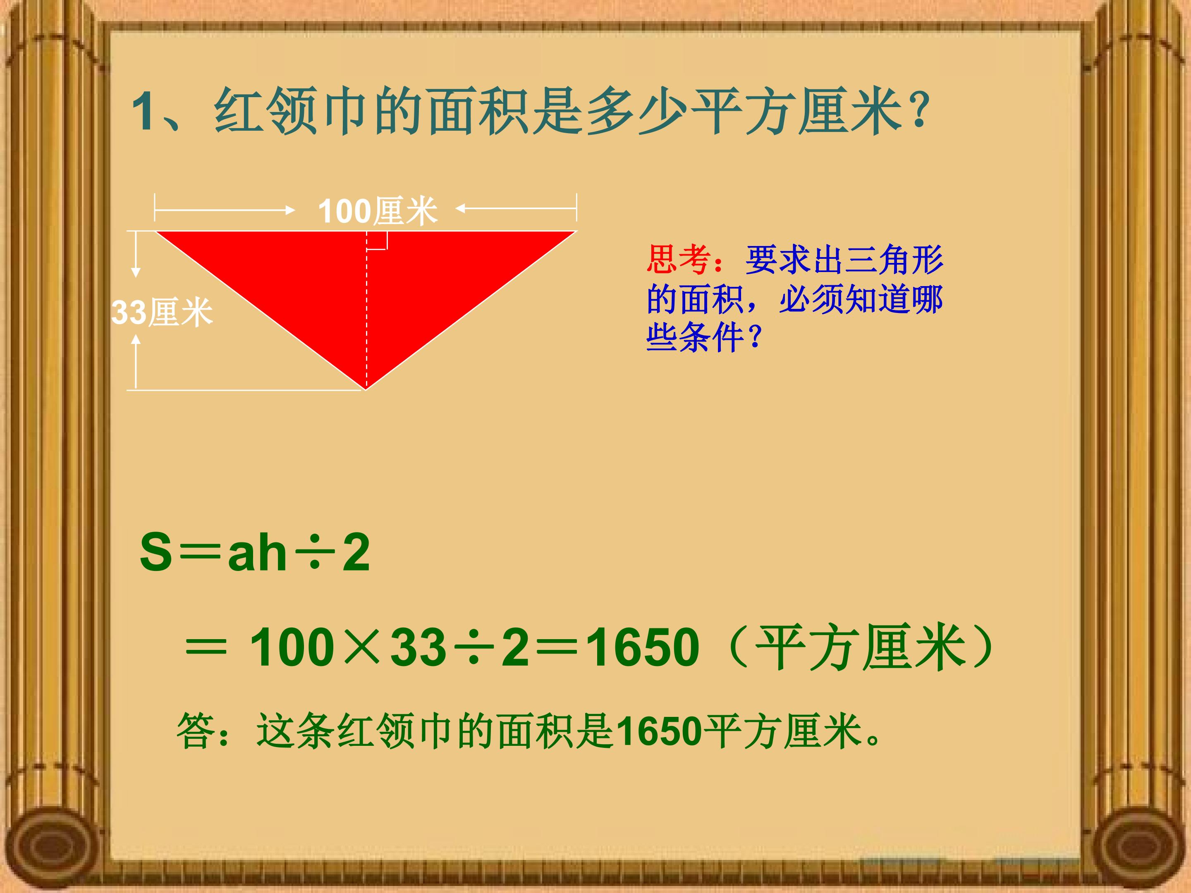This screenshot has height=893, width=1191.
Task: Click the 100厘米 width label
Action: pyautogui.click(x=378, y=210)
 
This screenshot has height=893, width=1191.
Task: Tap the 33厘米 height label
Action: pyautogui.click(x=162, y=312)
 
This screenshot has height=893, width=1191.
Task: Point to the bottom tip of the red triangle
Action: pyautogui.click(x=366, y=387)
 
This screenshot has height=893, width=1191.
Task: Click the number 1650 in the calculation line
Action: pyautogui.click(x=643, y=647)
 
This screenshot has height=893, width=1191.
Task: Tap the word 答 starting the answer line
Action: pyautogui.click(x=196, y=731)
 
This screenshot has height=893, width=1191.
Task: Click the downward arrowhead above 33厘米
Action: pyautogui.click(x=136, y=272)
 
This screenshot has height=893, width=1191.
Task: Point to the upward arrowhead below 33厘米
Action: pyautogui.click(x=136, y=339)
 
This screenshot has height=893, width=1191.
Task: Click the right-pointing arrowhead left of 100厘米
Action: pyautogui.click(x=291, y=209)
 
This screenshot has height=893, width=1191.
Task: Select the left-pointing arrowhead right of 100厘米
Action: pyautogui.click(x=460, y=208)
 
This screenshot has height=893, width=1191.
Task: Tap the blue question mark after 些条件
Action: pyautogui.click(x=755, y=337)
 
